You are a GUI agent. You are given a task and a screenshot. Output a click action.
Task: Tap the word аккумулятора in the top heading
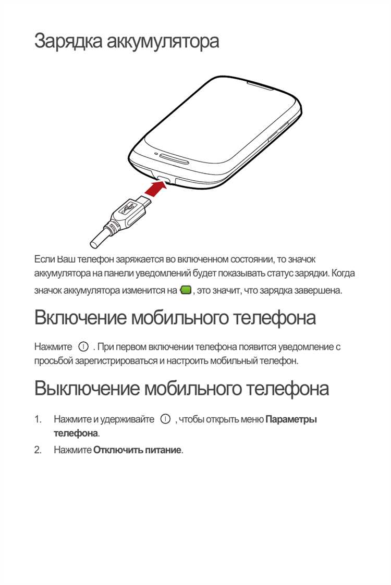pos(163,41)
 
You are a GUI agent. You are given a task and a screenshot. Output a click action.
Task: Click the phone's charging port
pos(163,179)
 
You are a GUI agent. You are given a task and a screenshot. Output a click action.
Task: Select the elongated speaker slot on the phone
pos(173,158)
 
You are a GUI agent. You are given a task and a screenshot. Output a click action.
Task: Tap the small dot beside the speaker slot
pos(156,154)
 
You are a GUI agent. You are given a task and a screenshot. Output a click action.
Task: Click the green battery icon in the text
pos(185,290)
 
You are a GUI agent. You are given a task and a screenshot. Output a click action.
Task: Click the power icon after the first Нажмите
pos(83,346)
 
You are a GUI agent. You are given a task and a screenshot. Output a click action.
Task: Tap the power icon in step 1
pos(165,419)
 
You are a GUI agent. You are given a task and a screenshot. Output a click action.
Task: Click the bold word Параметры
pos(291,419)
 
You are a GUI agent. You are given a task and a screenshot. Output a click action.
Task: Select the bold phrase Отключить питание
pos(138,450)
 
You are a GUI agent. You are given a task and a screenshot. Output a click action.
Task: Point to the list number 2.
pos(38,450)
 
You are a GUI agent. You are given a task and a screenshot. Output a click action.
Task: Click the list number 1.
pos(38,419)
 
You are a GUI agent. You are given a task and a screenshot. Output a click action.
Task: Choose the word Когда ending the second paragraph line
pos(343,273)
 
